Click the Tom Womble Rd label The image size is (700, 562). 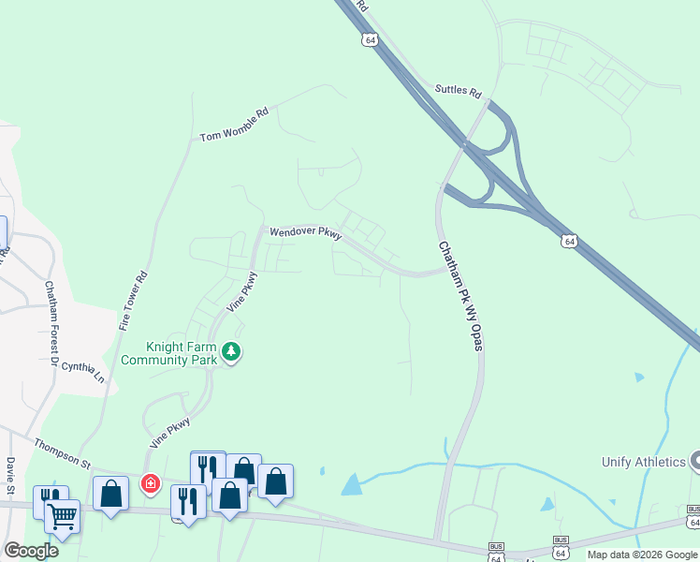[234, 125]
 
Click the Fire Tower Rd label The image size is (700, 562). [134, 300]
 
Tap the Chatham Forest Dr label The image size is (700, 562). [51, 323]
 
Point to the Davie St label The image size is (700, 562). [11, 477]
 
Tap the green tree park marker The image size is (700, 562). [230, 352]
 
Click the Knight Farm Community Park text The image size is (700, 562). [168, 352]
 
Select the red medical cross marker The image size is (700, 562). [149, 483]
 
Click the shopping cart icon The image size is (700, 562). [62, 514]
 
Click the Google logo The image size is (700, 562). [31, 550]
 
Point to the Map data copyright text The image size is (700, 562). [642, 555]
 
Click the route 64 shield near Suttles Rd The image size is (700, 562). [371, 40]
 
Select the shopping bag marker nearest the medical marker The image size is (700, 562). [110, 493]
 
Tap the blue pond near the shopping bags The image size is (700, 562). [351, 484]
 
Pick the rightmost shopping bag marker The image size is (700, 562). [275, 481]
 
